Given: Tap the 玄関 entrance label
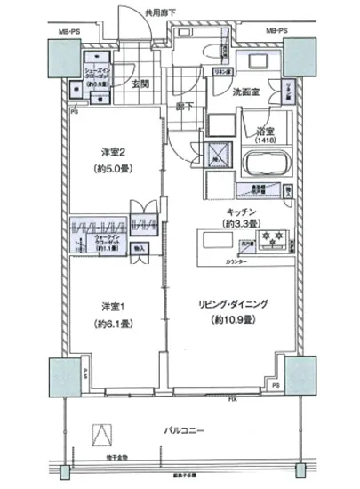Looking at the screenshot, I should (140, 84).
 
